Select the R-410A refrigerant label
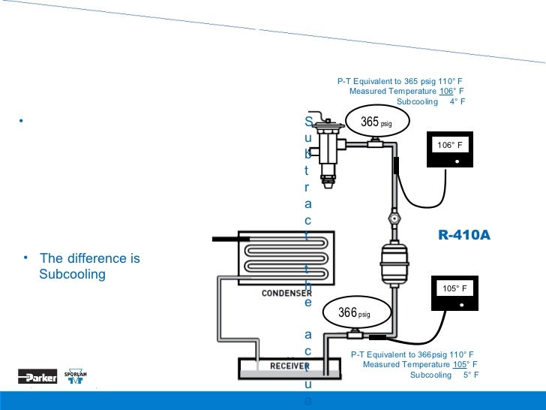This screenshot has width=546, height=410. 464,235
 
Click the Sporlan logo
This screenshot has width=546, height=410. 76,376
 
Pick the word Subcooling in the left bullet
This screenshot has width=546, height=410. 72,274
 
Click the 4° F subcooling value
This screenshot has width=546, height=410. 457,101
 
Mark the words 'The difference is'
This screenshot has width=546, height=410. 90,258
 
